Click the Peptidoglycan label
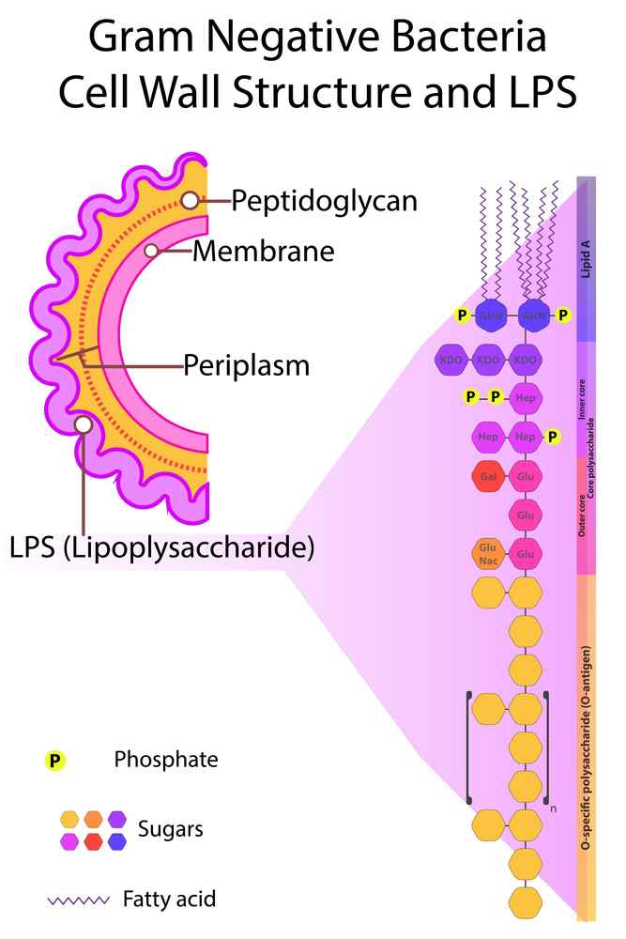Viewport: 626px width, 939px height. pos(324,201)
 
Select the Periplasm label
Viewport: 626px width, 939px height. pos(246,364)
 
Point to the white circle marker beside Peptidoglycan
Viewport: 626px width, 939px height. pos(190,200)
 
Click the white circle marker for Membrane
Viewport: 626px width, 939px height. pos(150,251)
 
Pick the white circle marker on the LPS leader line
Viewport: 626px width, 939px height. pos(83,425)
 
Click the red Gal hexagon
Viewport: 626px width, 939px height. pos(488,476)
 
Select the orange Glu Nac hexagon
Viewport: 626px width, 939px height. pos(487,554)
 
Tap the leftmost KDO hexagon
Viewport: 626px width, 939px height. pos(453,360)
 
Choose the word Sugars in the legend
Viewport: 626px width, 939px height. pos(170,829)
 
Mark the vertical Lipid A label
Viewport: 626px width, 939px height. pos(586,259)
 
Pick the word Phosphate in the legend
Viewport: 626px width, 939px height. pos(165,760)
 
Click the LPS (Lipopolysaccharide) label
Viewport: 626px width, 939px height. pos(161,546)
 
